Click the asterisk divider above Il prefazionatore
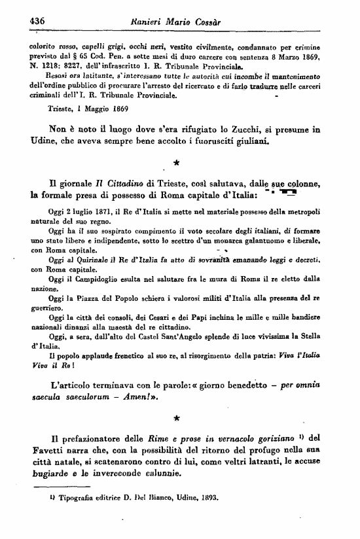[x=176, y=415]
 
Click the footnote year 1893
[x=210, y=496]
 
